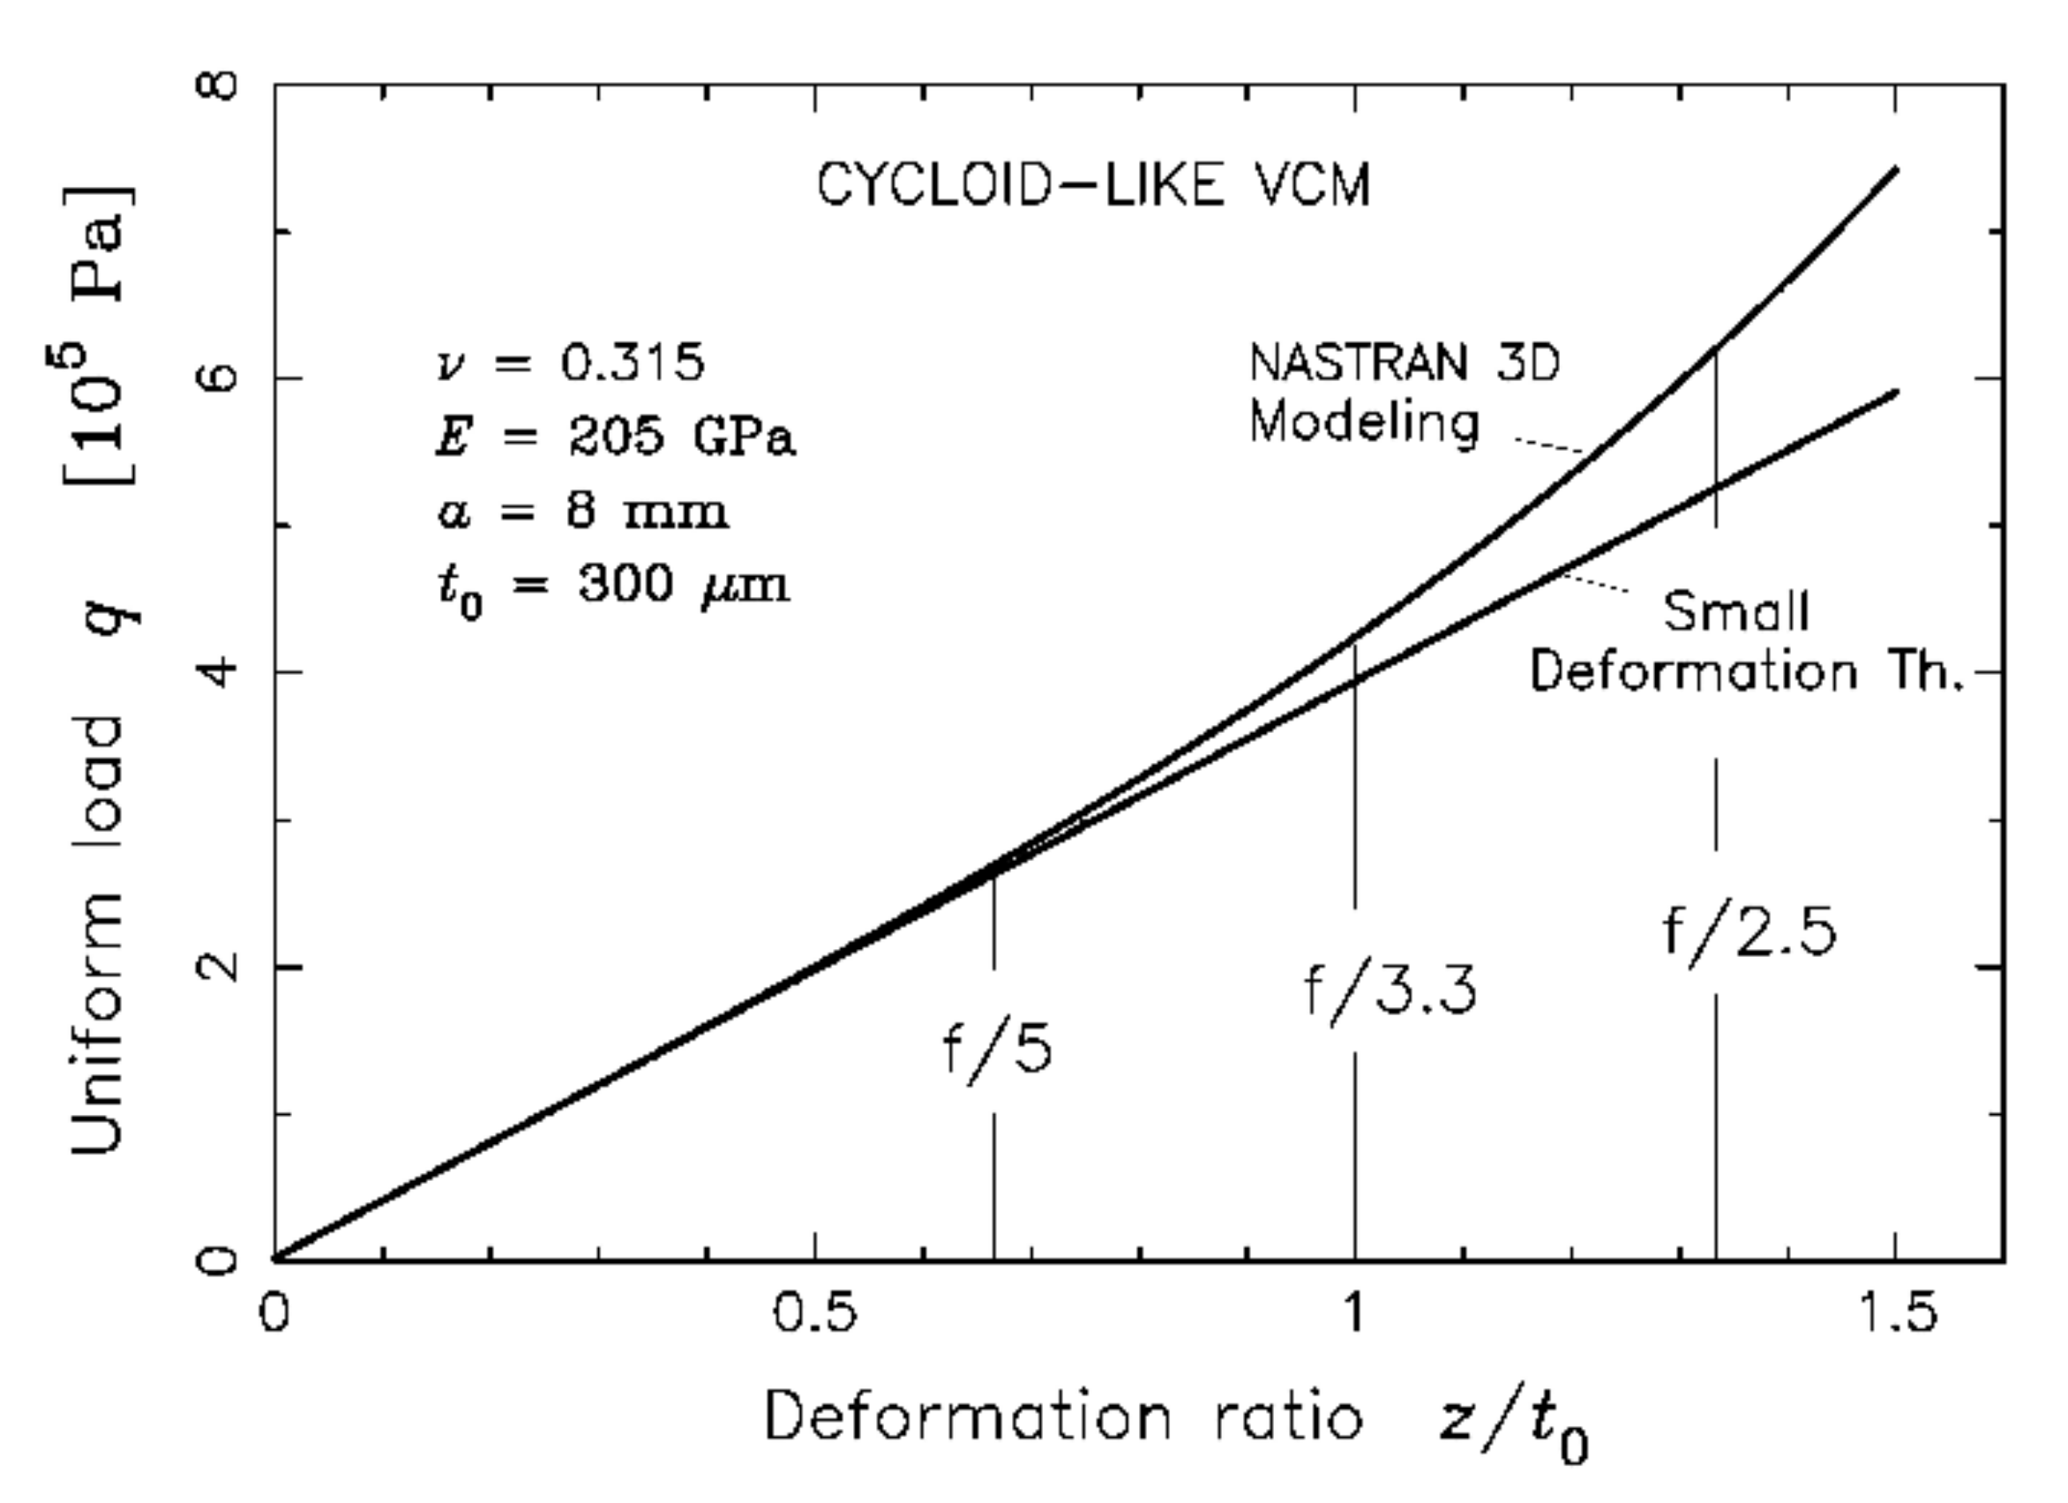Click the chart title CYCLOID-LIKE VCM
coord(1092,186)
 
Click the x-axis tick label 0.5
coord(814,1313)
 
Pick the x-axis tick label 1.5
coord(1896,1313)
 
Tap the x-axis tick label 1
coord(1354,1313)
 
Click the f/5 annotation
coord(997,1051)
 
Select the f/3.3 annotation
coord(1390,991)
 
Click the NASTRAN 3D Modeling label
coord(1405,393)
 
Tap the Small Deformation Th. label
coord(1743,641)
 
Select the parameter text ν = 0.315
coord(571,363)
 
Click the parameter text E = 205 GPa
coord(615,437)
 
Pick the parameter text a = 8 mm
coord(582,512)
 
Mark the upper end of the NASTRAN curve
coord(1896,168)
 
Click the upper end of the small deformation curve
coord(1896,392)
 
